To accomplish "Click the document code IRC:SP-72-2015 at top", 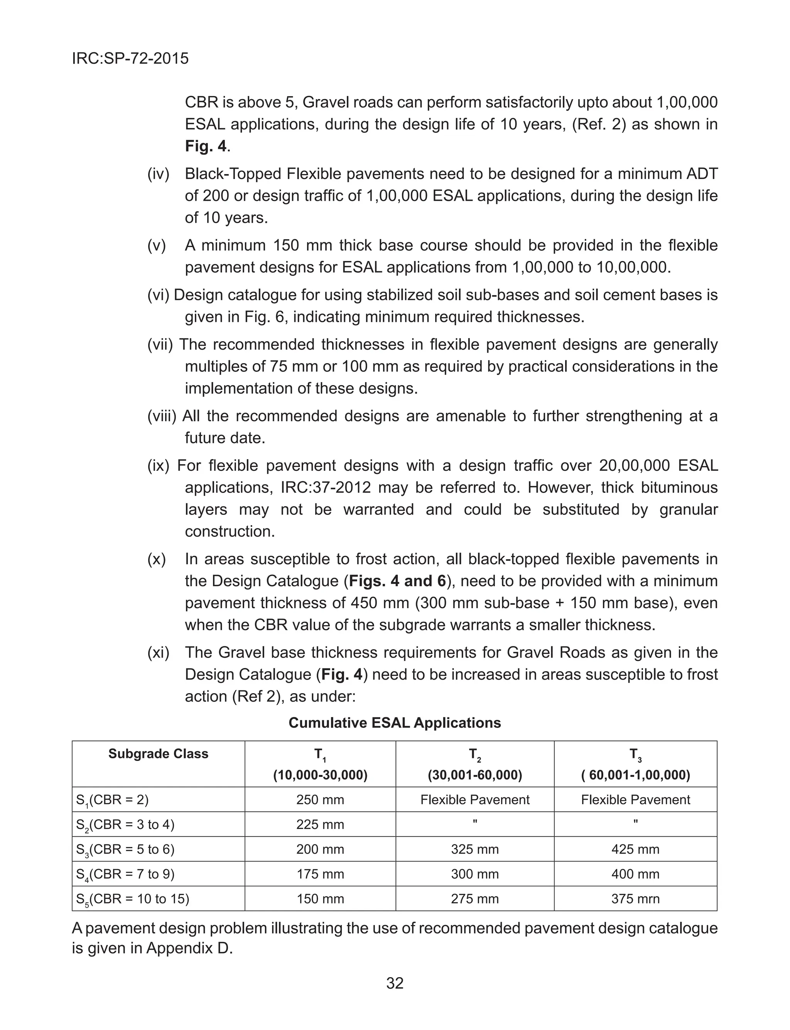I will click(130, 59).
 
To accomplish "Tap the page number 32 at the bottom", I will click(395, 983).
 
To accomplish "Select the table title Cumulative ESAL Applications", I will click(395, 722).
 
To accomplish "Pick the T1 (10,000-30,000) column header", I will click(320, 765).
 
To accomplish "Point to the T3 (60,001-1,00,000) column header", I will click(635, 765).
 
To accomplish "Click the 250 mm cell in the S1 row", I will click(320, 800).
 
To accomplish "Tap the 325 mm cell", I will click(474, 849).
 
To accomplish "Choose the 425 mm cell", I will click(635, 849).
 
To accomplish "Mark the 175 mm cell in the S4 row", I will click(320, 874).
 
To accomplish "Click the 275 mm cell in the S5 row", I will click(474, 899).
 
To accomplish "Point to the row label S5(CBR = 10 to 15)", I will click(133, 899).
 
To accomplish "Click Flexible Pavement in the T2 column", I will click(474, 800).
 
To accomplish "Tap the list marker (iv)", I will click(158, 174).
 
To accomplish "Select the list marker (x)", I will click(157, 559).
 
